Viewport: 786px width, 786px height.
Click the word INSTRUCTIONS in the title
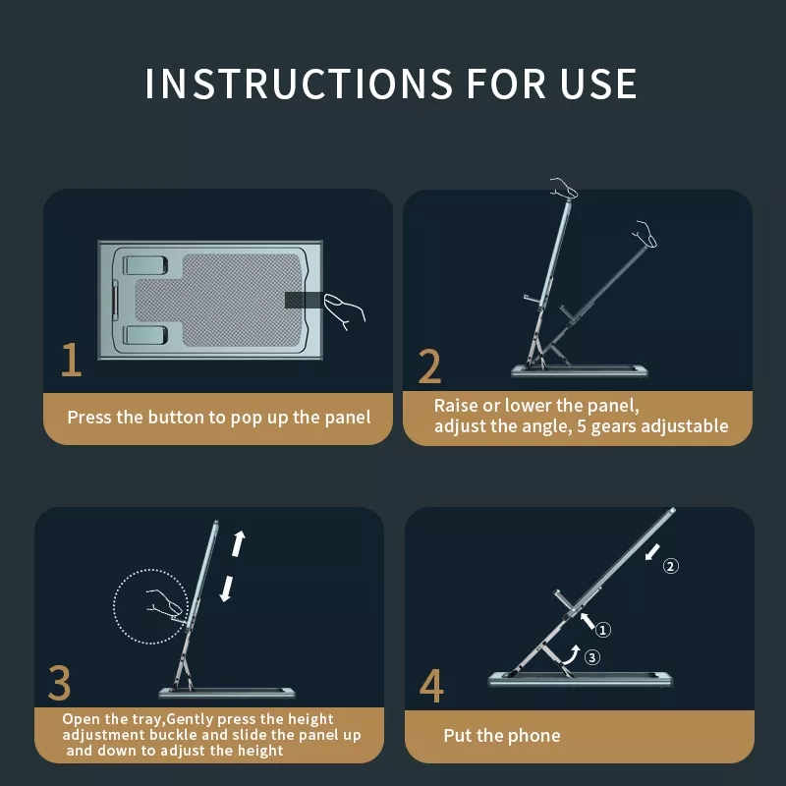click(299, 84)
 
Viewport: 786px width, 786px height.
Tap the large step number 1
click(71, 359)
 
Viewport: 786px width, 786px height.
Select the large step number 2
click(429, 366)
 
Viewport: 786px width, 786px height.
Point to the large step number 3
click(59, 682)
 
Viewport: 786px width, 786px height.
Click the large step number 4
click(431, 686)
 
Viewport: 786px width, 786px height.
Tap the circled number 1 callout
click(602, 629)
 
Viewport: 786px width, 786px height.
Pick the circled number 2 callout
click(671, 566)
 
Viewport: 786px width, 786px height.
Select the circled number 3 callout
click(592, 656)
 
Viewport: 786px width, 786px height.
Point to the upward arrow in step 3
click(238, 544)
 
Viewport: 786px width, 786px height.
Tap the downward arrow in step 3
click(227, 589)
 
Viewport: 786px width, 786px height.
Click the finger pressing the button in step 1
click(344, 310)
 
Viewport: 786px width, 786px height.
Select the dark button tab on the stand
click(304, 300)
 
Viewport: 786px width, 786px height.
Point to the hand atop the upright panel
click(564, 188)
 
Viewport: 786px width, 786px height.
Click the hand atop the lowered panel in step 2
click(646, 234)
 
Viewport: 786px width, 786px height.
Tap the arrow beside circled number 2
click(652, 552)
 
